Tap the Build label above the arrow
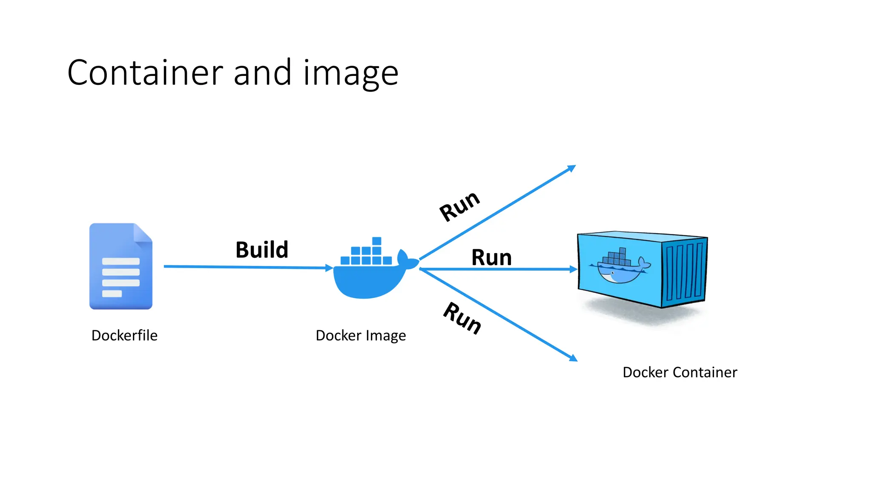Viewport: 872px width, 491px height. pyautogui.click(x=262, y=250)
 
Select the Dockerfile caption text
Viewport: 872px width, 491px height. pyautogui.click(x=124, y=335)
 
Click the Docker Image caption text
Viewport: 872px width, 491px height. pyautogui.click(x=361, y=335)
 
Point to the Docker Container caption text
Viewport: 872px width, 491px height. pyautogui.click(x=680, y=372)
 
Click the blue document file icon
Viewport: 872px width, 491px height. pyautogui.click(x=120, y=266)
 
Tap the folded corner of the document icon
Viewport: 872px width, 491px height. pyautogui.click(x=143, y=233)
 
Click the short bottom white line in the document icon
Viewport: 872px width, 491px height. pyautogui.click(x=112, y=294)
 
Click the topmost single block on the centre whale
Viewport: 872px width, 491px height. pyautogui.click(x=376, y=241)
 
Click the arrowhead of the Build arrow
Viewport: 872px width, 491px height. pyautogui.click(x=329, y=268)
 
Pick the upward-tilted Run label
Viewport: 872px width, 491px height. pyautogui.click(x=459, y=206)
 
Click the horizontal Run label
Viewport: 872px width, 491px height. pyautogui.click(x=491, y=257)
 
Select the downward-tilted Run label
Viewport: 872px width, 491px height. pyautogui.click(x=462, y=318)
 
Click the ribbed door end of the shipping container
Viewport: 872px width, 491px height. pyautogui.click(x=684, y=271)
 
